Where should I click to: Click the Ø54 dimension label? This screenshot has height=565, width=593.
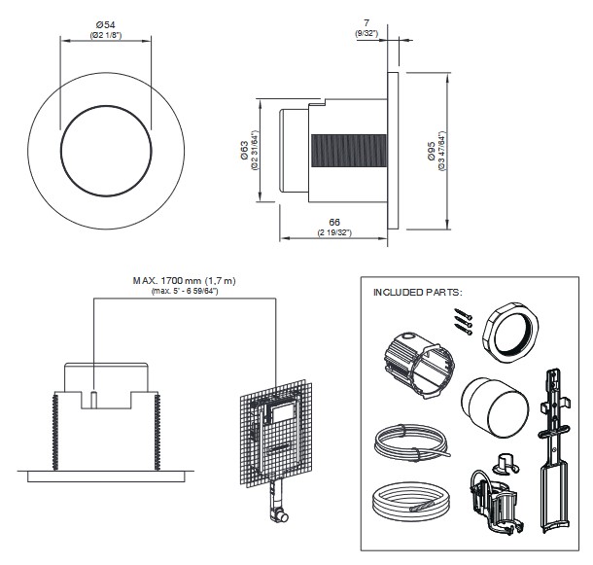tap(106, 24)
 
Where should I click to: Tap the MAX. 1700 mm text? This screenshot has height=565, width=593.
tap(185, 280)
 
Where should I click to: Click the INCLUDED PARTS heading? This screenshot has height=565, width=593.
tap(419, 291)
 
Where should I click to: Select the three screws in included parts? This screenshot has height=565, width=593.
tap(460, 322)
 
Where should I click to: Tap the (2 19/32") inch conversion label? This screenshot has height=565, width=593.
tap(332, 234)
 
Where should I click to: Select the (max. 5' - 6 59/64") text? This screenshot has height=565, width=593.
tap(185, 291)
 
